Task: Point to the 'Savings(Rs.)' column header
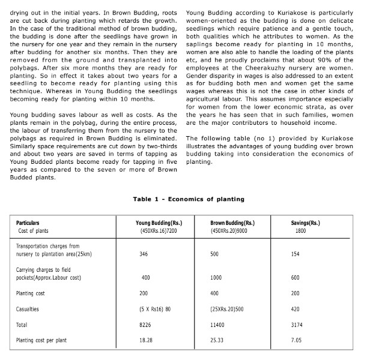coord(305,223)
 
